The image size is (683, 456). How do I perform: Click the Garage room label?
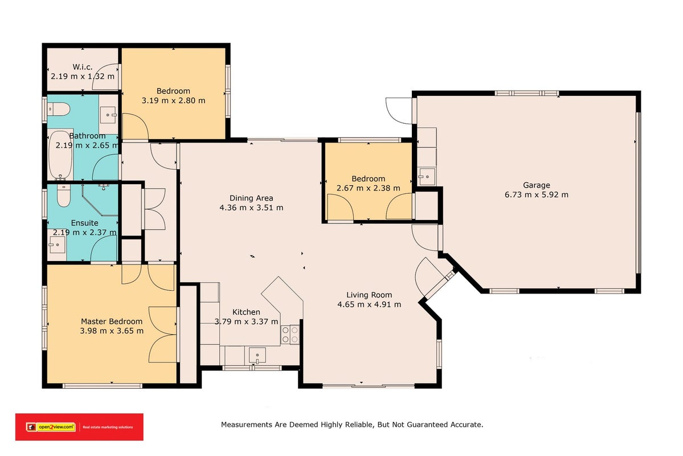click(x=536, y=185)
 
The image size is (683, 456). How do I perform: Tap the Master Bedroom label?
click(x=112, y=321)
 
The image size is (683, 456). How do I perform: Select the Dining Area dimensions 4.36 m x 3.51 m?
click(x=251, y=207)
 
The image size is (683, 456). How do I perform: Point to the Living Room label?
click(x=369, y=295)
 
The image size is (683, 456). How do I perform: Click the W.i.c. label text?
click(x=83, y=67)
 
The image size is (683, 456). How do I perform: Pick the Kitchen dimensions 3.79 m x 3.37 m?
click(x=246, y=321)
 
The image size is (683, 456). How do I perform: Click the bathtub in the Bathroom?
click(x=60, y=155)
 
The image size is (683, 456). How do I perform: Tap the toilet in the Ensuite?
click(x=64, y=196)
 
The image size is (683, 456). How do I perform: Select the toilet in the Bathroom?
click(x=58, y=109)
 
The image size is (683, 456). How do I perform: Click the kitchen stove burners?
click(x=290, y=335)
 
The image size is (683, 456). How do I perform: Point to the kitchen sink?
click(x=257, y=355)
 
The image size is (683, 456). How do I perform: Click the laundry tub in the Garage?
click(x=427, y=177)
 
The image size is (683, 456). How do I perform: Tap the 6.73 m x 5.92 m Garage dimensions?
click(x=536, y=195)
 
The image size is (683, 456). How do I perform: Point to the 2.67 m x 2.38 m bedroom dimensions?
click(x=368, y=188)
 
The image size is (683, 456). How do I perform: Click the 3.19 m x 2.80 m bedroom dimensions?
click(x=173, y=100)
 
